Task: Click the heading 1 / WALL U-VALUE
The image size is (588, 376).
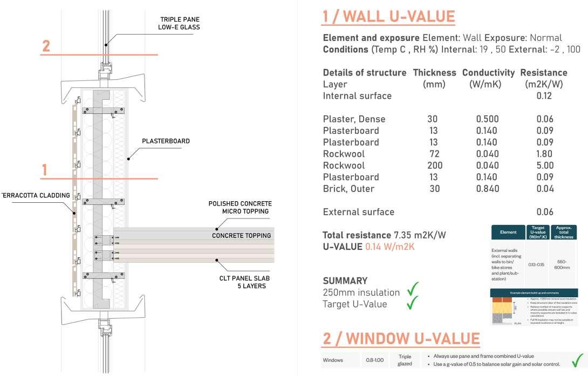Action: click(388, 16)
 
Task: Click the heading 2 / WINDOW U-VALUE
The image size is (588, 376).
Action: click(401, 338)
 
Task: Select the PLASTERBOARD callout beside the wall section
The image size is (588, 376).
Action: click(166, 141)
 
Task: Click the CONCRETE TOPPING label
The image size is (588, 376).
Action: click(242, 236)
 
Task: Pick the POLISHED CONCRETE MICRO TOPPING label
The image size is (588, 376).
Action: click(240, 207)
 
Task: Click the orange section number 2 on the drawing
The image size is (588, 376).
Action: click(46, 46)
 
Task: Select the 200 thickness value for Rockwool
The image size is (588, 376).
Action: click(434, 166)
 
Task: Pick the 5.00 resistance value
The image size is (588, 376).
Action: click(545, 166)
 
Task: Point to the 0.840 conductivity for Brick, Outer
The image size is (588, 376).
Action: click(488, 189)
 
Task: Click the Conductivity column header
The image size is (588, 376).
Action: click(488, 72)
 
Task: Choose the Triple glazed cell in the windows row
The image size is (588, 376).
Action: click(405, 360)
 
